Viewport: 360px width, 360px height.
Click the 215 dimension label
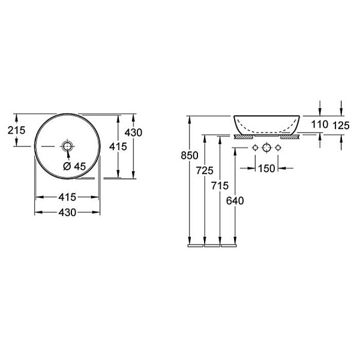click(x=17, y=130)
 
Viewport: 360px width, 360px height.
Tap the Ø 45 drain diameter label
click(x=74, y=166)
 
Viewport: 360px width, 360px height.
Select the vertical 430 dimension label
click(x=133, y=133)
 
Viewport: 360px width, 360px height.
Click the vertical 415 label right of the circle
click(x=118, y=146)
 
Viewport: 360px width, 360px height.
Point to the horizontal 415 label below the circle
click(x=67, y=197)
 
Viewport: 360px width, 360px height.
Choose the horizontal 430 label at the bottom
click(x=67, y=212)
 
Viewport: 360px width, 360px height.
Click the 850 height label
click(x=190, y=155)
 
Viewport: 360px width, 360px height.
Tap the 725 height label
click(x=205, y=170)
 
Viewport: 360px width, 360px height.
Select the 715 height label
click(x=220, y=185)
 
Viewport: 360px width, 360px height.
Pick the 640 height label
click(x=235, y=201)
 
